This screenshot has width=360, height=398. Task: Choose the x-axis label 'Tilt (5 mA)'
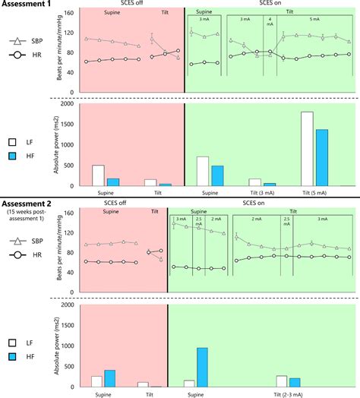point(314,193)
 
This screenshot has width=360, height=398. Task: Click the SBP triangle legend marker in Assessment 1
point(15,46)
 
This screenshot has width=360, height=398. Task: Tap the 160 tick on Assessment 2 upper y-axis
point(68,213)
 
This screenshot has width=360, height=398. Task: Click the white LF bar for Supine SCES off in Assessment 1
point(98,175)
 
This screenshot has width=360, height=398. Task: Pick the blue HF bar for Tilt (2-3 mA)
point(295,383)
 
